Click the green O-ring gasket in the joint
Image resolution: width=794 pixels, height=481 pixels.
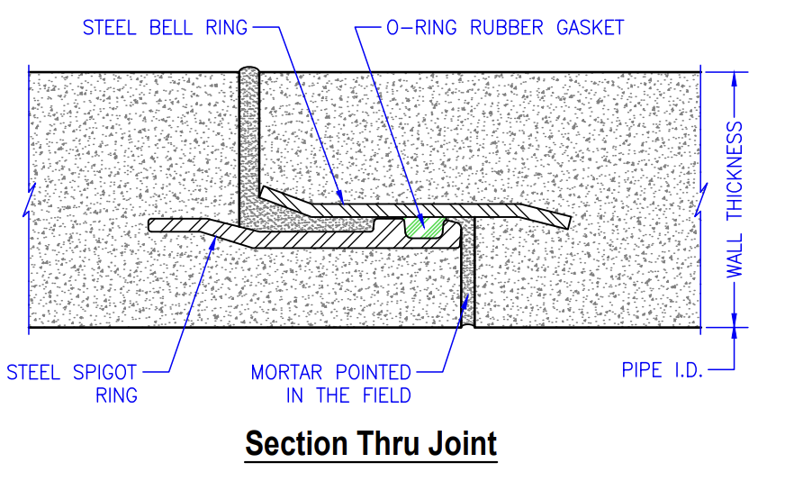(423, 226)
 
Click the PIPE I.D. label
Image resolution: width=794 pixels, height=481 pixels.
(662, 369)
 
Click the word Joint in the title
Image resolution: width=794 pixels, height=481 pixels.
(458, 443)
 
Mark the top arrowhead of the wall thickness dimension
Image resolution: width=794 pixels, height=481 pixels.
(735, 77)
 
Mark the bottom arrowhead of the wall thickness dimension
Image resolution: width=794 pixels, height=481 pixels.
(735, 320)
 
